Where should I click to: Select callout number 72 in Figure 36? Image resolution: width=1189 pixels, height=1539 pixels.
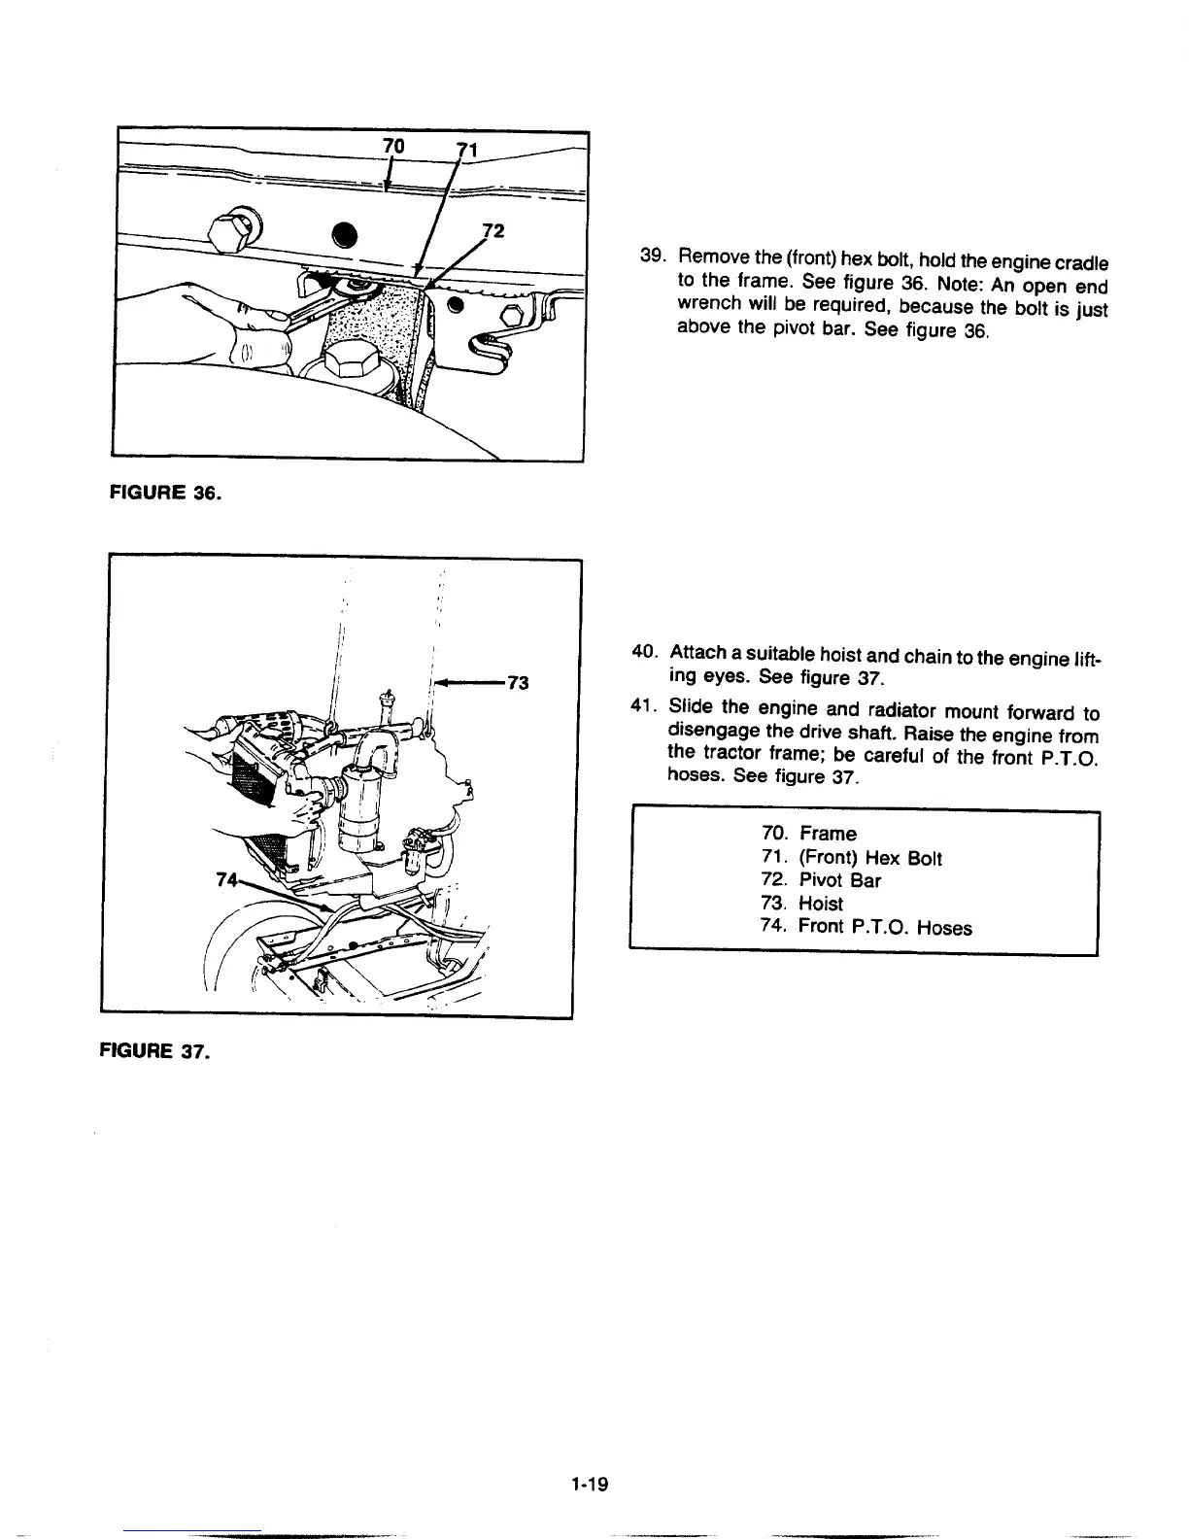493,231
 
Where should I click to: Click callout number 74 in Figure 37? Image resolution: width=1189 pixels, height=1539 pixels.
225,880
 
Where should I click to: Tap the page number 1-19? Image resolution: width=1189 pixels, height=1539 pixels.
589,1483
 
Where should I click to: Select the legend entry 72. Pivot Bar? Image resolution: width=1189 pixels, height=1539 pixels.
821,880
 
